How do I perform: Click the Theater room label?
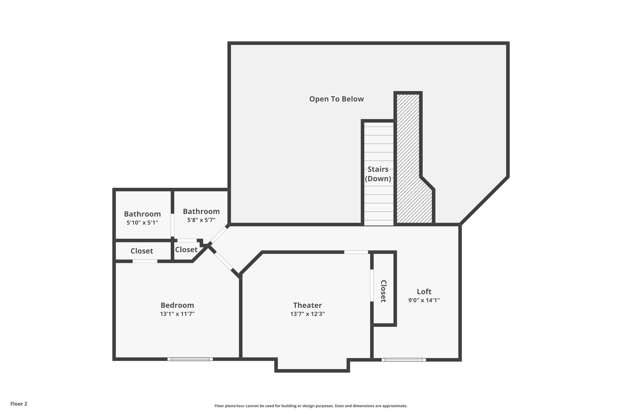[x=307, y=305]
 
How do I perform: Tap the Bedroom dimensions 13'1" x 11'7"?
[x=177, y=314]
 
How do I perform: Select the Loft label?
[x=424, y=291]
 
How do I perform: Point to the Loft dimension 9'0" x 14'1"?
[x=424, y=300]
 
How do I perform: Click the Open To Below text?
[x=336, y=99]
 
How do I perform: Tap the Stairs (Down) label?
[x=378, y=174]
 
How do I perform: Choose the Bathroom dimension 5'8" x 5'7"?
[x=201, y=220]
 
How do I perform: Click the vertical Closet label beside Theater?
[x=384, y=291]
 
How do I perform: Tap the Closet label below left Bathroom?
[x=142, y=251]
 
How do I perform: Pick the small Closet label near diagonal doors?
[x=186, y=249]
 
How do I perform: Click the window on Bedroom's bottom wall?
[x=190, y=359]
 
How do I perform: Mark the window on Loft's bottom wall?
[x=404, y=360]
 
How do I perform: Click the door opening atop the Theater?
[x=356, y=252]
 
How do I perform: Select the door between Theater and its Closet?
[x=372, y=285]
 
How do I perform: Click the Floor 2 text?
[x=19, y=404]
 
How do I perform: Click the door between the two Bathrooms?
[x=173, y=225]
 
